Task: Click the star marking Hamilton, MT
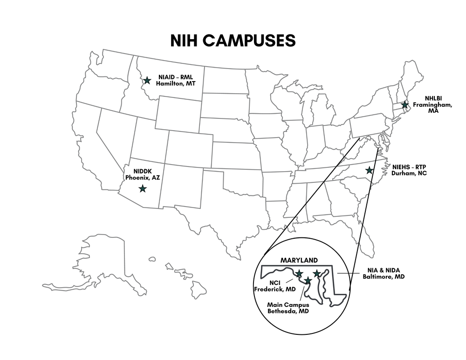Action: tap(147, 80)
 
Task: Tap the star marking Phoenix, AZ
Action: tap(143, 188)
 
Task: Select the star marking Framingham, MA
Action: tap(405, 105)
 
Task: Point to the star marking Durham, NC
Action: tap(369, 170)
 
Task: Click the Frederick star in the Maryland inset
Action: tap(299, 273)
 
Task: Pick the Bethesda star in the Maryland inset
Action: tap(308, 281)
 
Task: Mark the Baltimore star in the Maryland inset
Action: tap(317, 273)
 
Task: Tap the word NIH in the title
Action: tap(186, 40)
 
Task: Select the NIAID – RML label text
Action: tap(175, 77)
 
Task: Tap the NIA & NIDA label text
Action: tap(383, 270)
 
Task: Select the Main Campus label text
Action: tap(288, 305)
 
